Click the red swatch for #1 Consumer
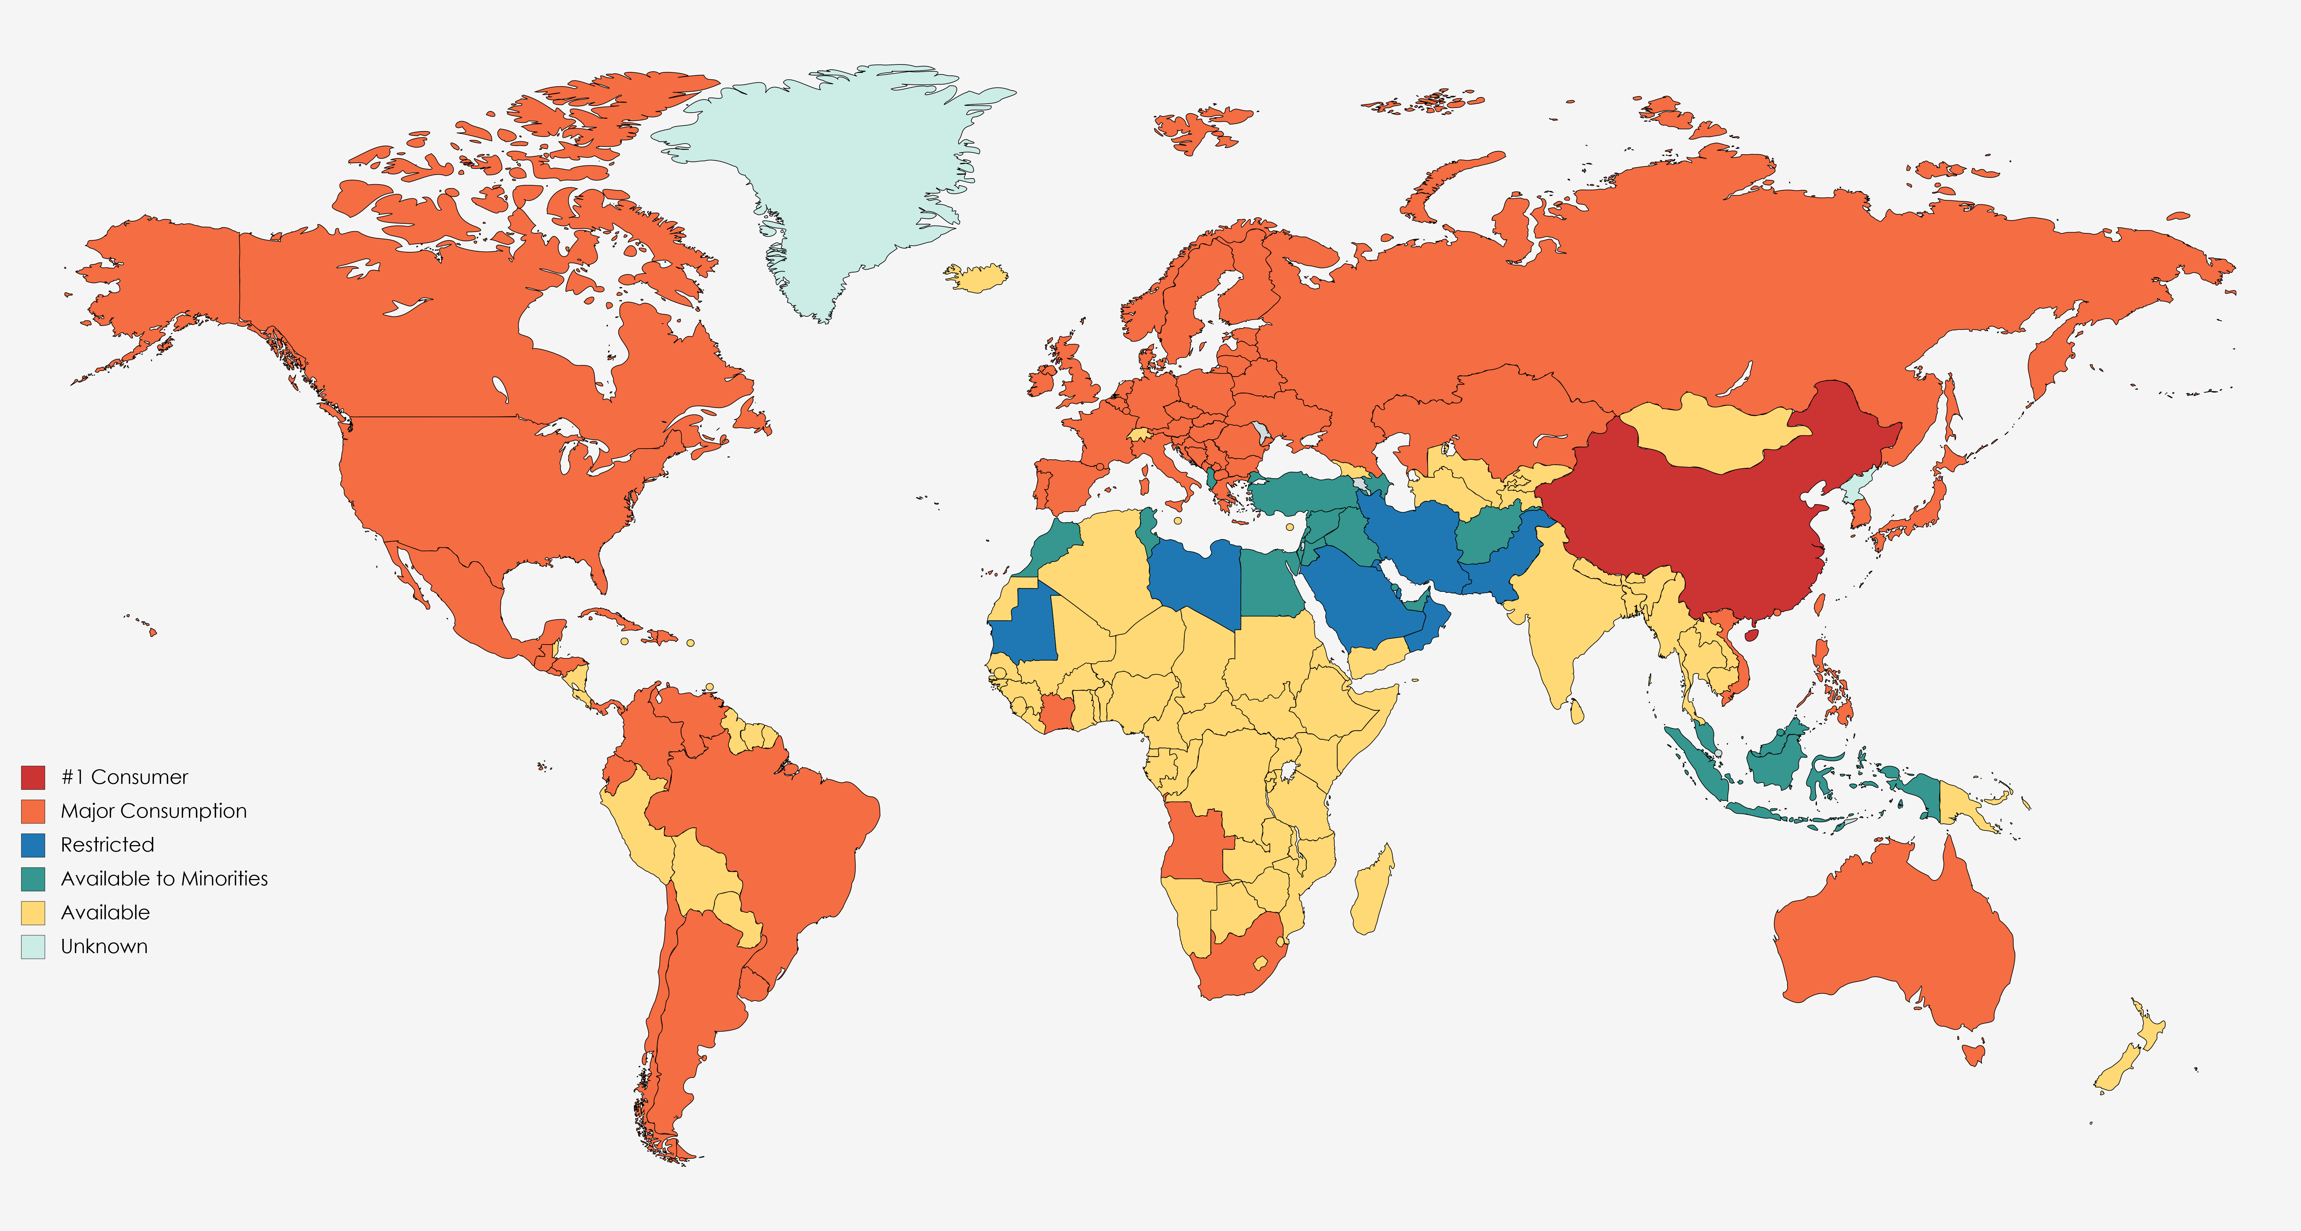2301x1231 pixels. click(33, 777)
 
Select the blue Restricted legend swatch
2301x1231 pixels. click(33, 845)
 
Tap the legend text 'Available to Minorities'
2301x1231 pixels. click(164, 879)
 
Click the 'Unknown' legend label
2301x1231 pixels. click(104, 947)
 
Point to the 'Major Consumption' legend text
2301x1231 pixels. click(154, 811)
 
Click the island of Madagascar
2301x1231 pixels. click(1371, 893)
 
